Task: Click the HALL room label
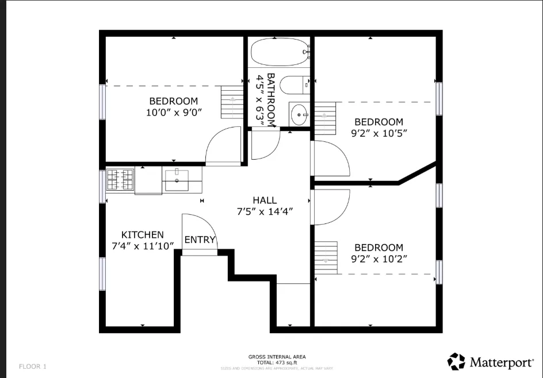coord(265,200)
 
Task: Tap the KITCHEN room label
coord(142,234)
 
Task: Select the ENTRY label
coord(200,240)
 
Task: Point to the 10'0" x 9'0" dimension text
coord(174,113)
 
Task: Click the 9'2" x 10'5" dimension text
coord(378,133)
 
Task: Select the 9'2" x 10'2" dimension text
coord(378,259)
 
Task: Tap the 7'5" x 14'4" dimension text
coord(265,211)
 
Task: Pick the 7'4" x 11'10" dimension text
coord(142,246)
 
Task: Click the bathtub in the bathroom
coord(278,53)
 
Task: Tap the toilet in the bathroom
coord(299,84)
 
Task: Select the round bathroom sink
coord(299,114)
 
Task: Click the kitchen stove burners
coord(120,179)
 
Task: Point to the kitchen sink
coord(178,179)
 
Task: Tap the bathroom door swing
coord(265,144)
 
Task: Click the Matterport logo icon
coord(457,362)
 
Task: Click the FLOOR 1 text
coord(33,366)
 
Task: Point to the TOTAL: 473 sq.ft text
coord(277,362)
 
